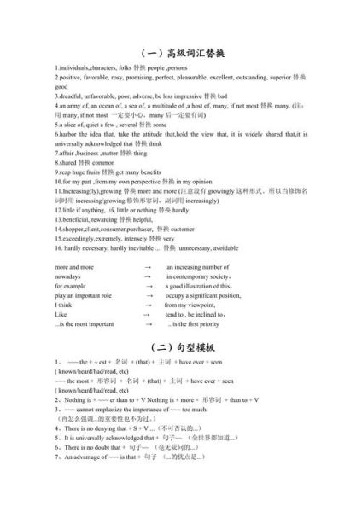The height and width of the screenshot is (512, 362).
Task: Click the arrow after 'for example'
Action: pos(148,286)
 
